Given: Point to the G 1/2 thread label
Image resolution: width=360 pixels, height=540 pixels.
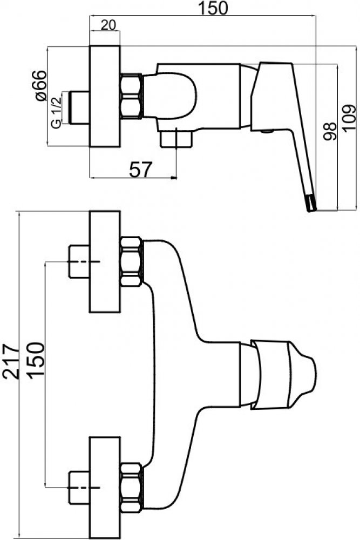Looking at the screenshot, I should tap(56, 111).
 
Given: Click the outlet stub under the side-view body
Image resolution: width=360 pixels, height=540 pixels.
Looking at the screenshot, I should tap(176, 138).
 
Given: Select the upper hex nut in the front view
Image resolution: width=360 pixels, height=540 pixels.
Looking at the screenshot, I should tap(132, 262).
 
